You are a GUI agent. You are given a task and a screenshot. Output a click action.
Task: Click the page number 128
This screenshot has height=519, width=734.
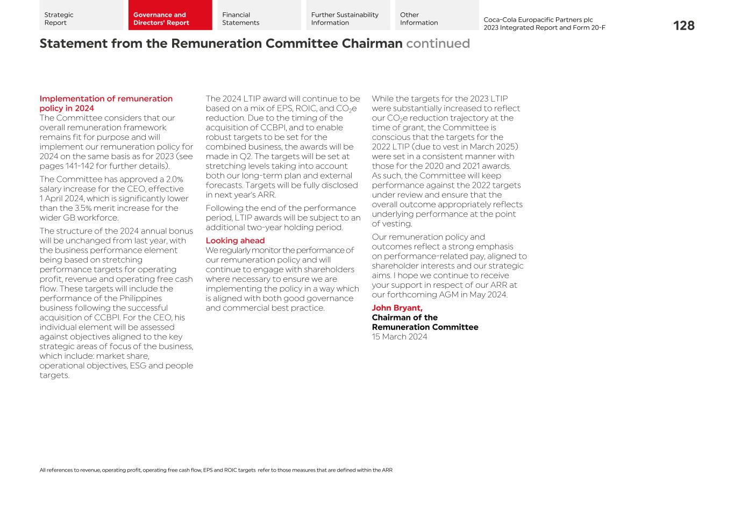tap(683, 26)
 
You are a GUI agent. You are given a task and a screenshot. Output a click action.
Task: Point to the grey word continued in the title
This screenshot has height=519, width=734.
tap(438, 44)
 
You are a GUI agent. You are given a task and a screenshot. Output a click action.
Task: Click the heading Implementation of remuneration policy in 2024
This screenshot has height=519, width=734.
tap(105, 103)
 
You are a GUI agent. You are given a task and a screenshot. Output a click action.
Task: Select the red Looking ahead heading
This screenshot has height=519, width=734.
tap(235, 240)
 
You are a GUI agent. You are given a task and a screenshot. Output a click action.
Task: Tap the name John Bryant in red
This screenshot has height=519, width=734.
tap(397, 308)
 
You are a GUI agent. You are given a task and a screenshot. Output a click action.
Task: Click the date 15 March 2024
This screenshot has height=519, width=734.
tap(400, 337)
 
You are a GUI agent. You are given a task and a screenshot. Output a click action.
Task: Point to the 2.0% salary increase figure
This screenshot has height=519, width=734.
tap(174, 180)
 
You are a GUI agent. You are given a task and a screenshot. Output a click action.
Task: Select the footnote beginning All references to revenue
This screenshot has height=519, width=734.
tap(216, 470)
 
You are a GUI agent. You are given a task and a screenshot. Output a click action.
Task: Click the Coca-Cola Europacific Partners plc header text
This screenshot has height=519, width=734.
tap(538, 20)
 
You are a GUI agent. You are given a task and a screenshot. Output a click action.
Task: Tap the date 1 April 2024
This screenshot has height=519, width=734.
tap(61, 198)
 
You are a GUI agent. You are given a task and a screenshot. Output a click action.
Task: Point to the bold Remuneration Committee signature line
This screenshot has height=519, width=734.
tap(425, 327)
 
